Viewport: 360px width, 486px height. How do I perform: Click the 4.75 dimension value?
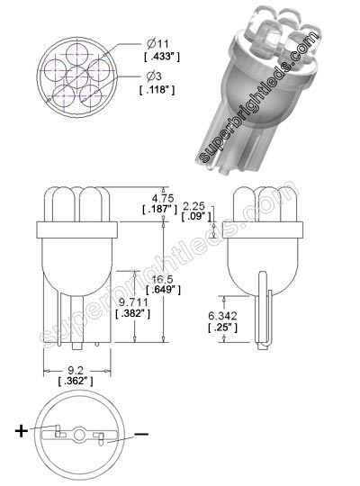162,197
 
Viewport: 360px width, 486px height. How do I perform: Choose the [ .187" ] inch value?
162,210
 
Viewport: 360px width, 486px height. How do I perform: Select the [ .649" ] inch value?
164,292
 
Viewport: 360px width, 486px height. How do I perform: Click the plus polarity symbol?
22,430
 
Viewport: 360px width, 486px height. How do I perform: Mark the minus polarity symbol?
141,436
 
